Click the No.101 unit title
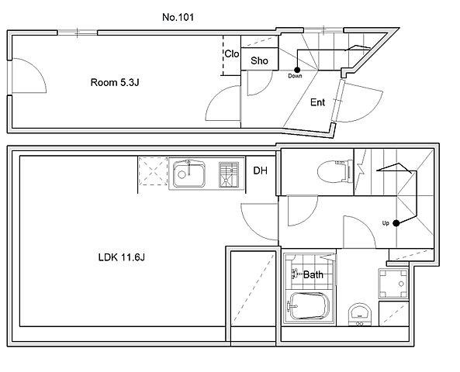tap(178, 17)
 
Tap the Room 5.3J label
tap(115, 82)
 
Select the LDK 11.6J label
tap(122, 257)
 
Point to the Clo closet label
tap(232, 54)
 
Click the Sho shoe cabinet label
tap(259, 60)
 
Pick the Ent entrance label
tap(317, 102)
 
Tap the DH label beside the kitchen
tap(260, 170)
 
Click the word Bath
tap(313, 274)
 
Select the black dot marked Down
tap(297, 70)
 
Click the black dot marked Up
tap(396, 223)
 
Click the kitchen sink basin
tap(189, 174)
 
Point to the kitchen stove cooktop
tap(229, 174)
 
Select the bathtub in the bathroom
tap(308, 306)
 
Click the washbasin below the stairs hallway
tap(360, 313)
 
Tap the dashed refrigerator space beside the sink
tap(153, 171)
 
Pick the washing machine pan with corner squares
tap(393, 283)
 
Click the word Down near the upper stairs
tap(295, 76)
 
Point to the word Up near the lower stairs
tap(386, 223)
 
